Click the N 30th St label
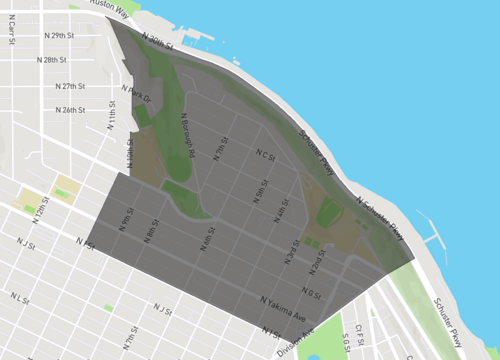coord(157,41)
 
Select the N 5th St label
coord(260,190)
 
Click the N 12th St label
coord(40,210)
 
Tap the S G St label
coord(346,344)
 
